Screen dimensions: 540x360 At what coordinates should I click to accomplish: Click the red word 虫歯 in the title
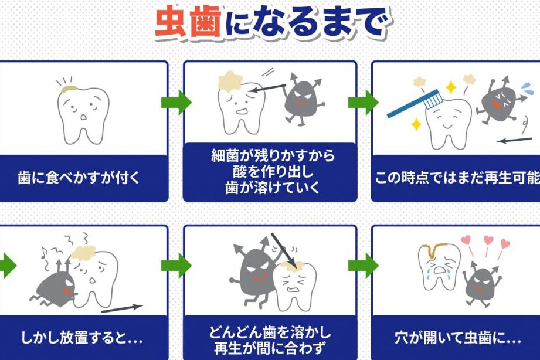point(188,21)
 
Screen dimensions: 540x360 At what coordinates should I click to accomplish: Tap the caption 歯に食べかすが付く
point(79,178)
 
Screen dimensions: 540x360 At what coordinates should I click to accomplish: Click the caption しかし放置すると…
point(82,338)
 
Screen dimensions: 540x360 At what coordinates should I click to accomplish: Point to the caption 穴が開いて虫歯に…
point(458,338)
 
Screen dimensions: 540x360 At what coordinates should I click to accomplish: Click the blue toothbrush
point(414,104)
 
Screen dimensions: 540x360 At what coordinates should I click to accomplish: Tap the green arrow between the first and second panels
point(176,103)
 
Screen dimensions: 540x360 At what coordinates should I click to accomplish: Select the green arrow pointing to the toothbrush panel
point(364,103)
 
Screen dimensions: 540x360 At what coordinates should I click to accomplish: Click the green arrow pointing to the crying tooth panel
point(364,266)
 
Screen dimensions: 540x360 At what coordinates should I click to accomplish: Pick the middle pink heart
point(488,240)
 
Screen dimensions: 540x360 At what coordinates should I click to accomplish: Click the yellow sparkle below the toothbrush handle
point(416,124)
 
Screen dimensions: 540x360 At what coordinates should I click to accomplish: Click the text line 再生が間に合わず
point(270,348)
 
